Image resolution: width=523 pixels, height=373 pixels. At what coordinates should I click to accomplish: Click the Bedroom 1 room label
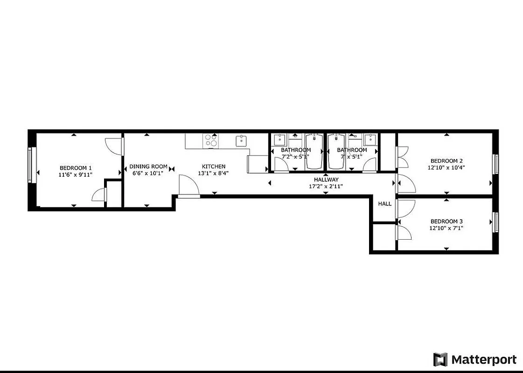(76, 168)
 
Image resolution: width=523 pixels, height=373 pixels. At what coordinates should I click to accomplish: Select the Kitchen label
(214, 166)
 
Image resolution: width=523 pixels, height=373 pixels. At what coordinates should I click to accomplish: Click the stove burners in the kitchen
(211, 140)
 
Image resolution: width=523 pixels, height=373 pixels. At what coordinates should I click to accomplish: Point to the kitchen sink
(242, 140)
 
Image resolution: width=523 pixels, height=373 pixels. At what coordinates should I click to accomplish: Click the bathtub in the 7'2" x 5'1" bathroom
(314, 152)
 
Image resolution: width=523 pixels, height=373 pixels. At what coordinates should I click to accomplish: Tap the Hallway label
(326, 180)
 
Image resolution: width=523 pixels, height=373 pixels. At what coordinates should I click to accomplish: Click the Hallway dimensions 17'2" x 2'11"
(326, 186)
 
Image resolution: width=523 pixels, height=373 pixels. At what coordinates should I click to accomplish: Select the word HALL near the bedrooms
(385, 204)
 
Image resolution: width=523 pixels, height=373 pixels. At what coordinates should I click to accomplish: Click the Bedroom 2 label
(446, 160)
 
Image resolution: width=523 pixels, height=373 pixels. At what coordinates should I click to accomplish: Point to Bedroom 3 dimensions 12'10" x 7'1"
(446, 228)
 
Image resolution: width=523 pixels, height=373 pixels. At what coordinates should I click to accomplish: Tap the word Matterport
(484, 360)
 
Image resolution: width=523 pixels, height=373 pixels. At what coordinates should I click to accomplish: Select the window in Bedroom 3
(496, 222)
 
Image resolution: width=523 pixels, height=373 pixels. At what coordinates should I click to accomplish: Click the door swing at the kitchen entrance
(189, 186)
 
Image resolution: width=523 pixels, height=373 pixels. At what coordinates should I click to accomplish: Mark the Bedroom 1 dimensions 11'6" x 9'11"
(76, 175)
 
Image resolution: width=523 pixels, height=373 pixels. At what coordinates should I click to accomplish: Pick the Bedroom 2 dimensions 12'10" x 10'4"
(446, 167)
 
